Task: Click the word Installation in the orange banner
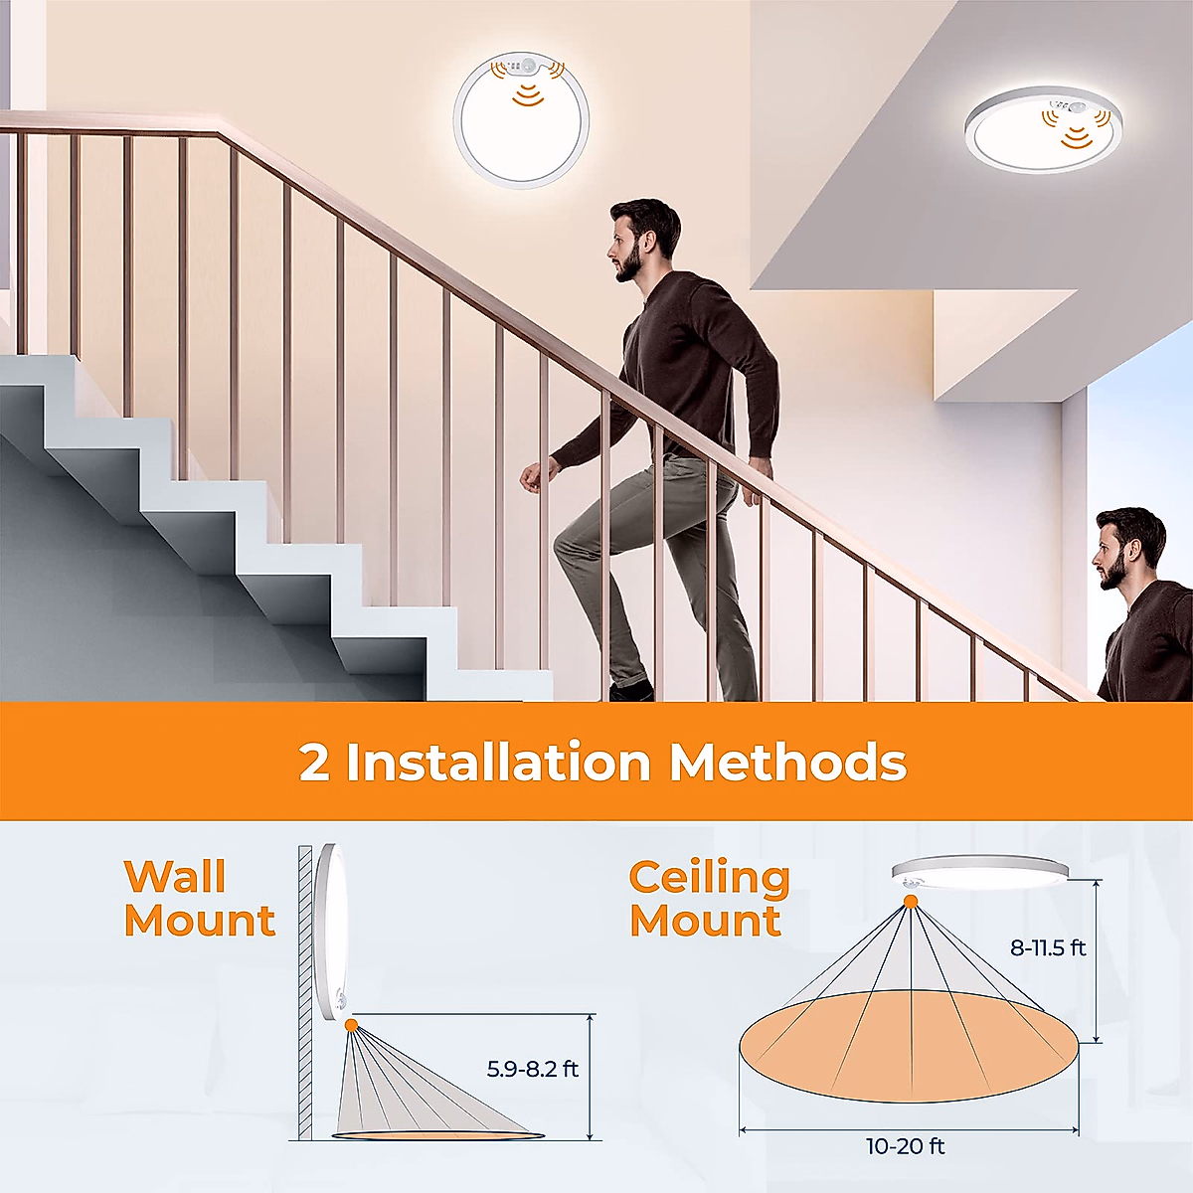498,763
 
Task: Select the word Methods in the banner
787,763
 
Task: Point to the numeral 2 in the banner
314,764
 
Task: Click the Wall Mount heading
199,899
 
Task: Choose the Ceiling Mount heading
709,899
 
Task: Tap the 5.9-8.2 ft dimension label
532,1070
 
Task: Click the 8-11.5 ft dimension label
1048,948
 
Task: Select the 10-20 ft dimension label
905,1147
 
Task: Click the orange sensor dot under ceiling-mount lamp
910,902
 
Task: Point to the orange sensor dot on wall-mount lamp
351,1025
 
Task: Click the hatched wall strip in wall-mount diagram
305,994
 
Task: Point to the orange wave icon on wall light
527,94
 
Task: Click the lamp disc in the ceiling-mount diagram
979,872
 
